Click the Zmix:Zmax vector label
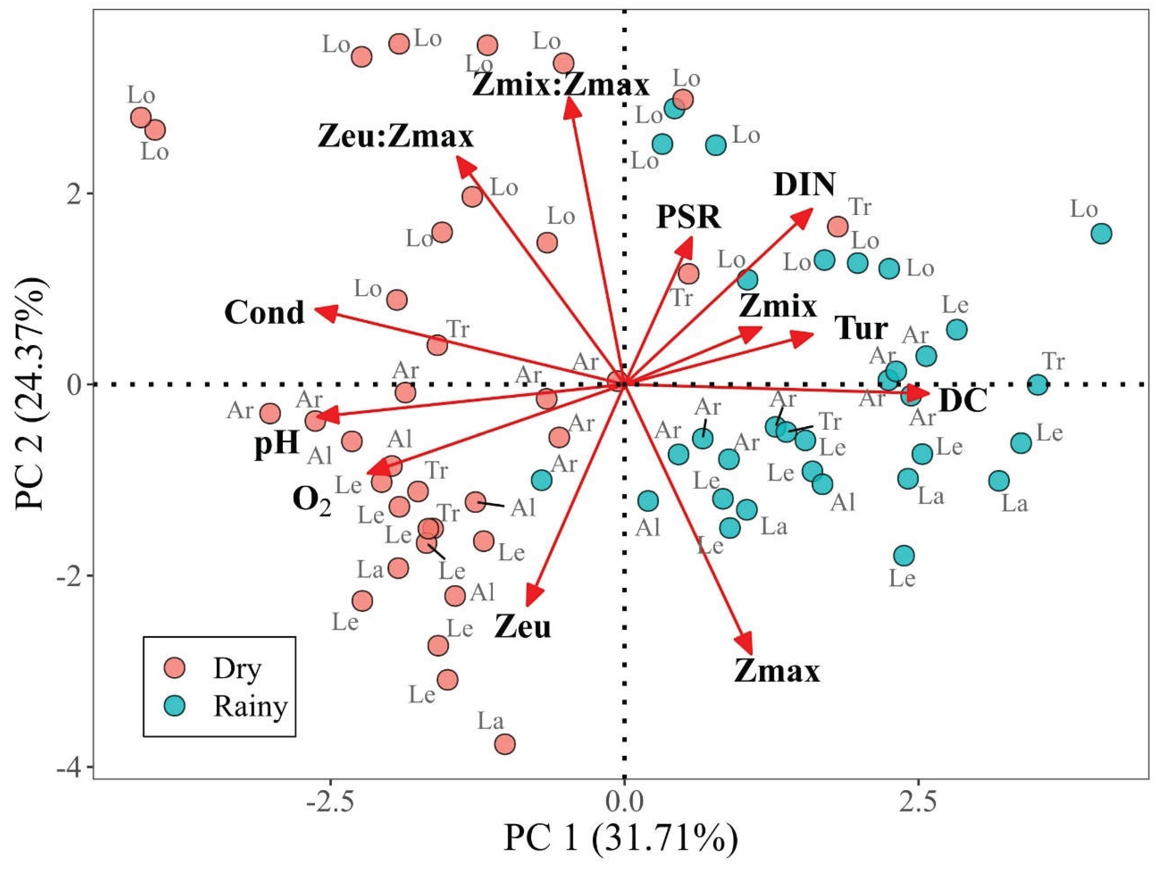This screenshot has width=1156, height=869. click(x=561, y=85)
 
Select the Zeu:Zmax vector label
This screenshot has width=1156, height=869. click(x=395, y=137)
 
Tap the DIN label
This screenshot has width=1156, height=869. click(x=804, y=185)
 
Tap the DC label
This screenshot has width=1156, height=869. click(x=963, y=401)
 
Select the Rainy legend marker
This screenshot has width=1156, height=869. click(x=174, y=706)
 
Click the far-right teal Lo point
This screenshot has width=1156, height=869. click(x=1102, y=234)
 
